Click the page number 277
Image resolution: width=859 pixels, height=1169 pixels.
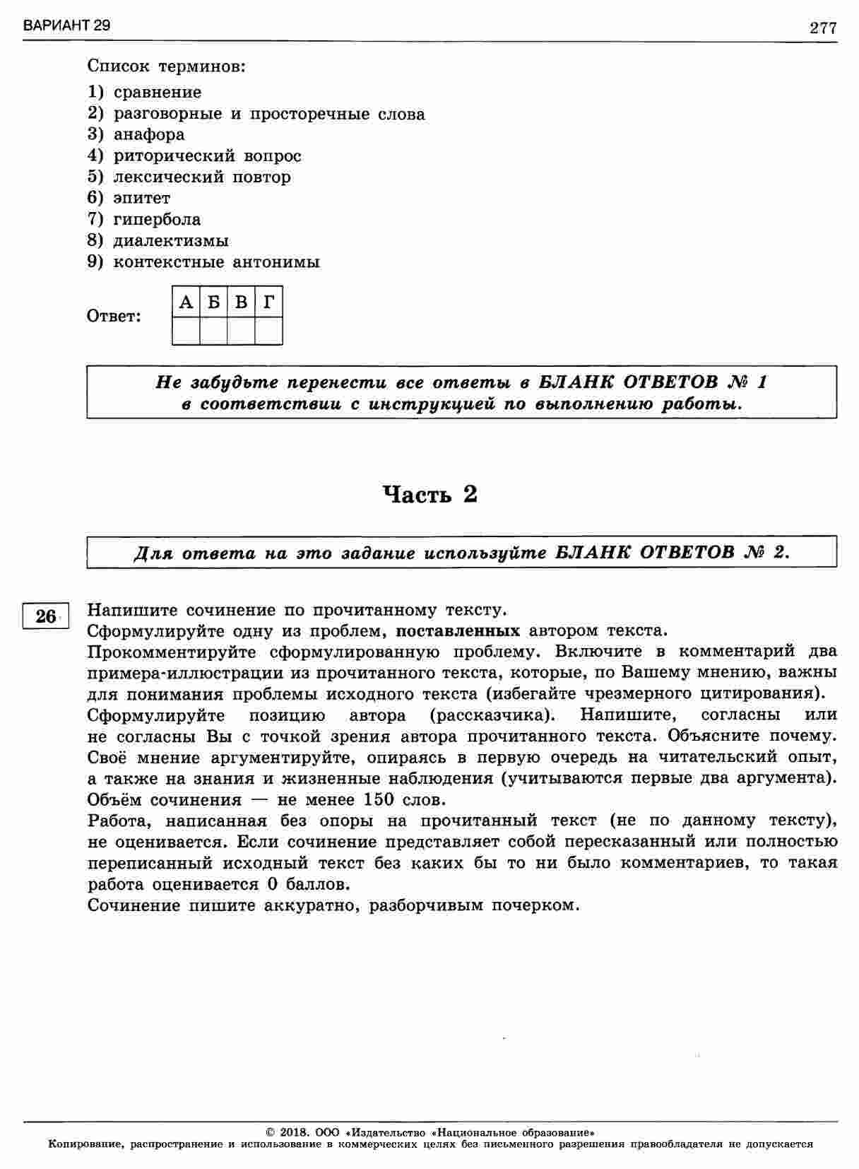823,28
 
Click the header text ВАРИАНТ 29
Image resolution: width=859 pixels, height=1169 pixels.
66,26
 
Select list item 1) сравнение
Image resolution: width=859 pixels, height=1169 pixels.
145,93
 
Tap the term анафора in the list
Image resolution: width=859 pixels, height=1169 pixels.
149,134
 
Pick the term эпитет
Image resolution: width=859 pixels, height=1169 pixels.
141,198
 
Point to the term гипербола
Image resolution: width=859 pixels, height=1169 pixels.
157,220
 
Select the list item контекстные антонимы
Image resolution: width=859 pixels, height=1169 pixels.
216,262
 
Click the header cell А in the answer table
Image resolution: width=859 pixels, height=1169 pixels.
186,302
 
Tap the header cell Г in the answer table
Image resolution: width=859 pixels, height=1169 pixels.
268,302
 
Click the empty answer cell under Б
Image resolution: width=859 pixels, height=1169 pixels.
213,331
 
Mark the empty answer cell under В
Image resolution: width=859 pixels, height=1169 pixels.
241,331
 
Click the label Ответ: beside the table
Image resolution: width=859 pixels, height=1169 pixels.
114,317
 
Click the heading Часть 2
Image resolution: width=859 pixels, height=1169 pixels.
429,494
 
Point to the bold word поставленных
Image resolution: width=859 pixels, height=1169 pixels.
458,630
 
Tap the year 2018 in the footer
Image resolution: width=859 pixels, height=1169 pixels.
292,1131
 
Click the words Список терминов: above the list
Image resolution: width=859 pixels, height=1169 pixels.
167,67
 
